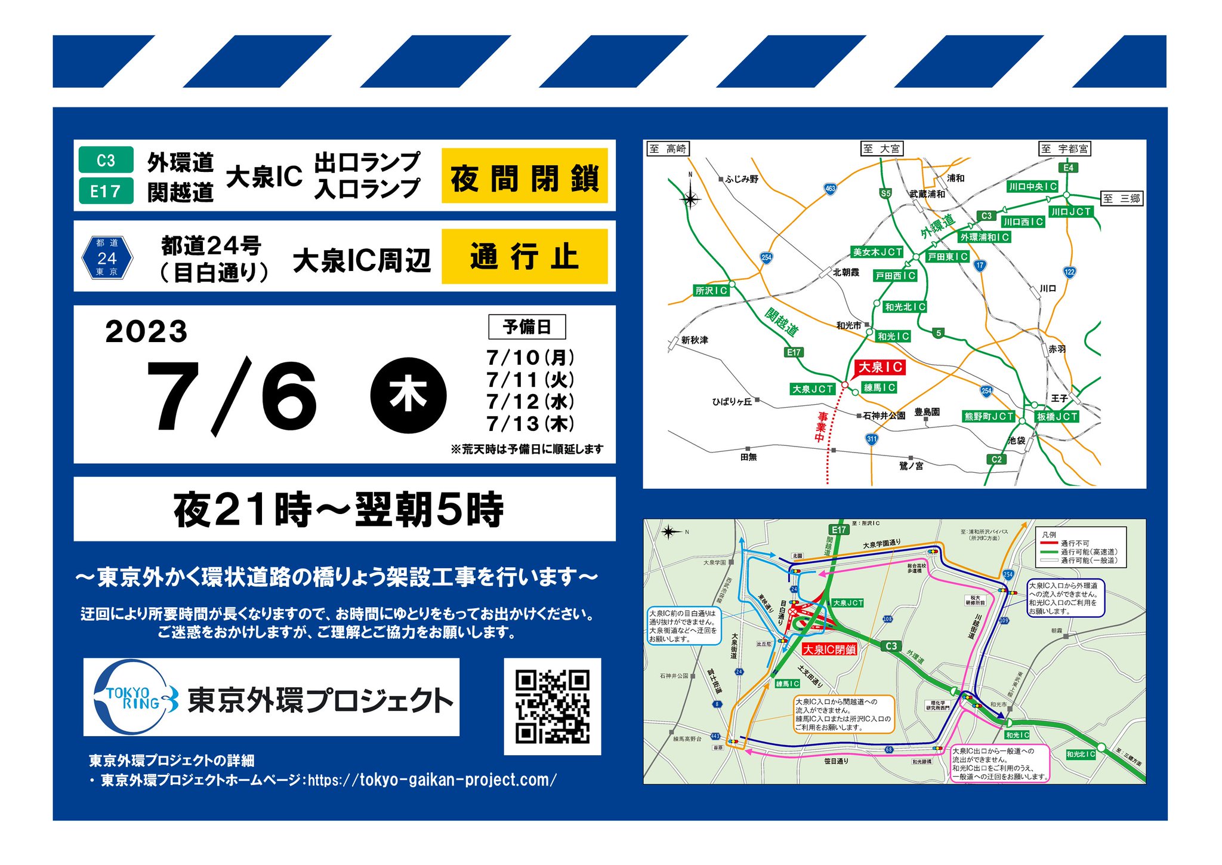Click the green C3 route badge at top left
(x=106, y=160)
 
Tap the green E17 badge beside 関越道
(x=106, y=191)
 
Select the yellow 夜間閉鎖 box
(x=524, y=176)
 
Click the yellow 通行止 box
(x=524, y=257)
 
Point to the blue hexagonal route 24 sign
(x=107, y=257)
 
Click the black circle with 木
(x=408, y=395)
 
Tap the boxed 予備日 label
(x=527, y=327)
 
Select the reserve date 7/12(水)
(x=530, y=401)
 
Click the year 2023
(x=146, y=331)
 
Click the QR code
(x=552, y=706)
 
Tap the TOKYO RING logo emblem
(x=135, y=697)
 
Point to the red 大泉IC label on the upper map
(x=880, y=367)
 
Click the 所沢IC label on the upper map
(x=711, y=290)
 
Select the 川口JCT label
(x=1071, y=211)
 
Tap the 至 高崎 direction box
(x=668, y=149)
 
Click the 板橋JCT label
(x=1057, y=416)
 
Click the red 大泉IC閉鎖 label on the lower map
(x=829, y=649)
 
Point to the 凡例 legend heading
(x=1048, y=534)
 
